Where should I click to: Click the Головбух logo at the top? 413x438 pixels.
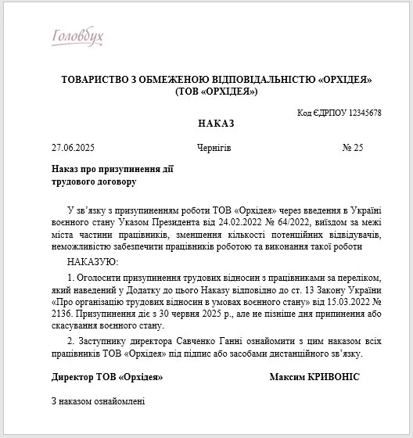[77, 37]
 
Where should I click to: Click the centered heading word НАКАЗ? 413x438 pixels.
[217, 124]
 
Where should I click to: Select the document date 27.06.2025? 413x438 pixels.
[73, 147]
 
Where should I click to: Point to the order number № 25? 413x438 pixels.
[354, 147]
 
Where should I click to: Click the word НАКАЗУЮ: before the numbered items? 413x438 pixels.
[92, 260]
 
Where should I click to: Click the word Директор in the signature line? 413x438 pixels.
[74, 377]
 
